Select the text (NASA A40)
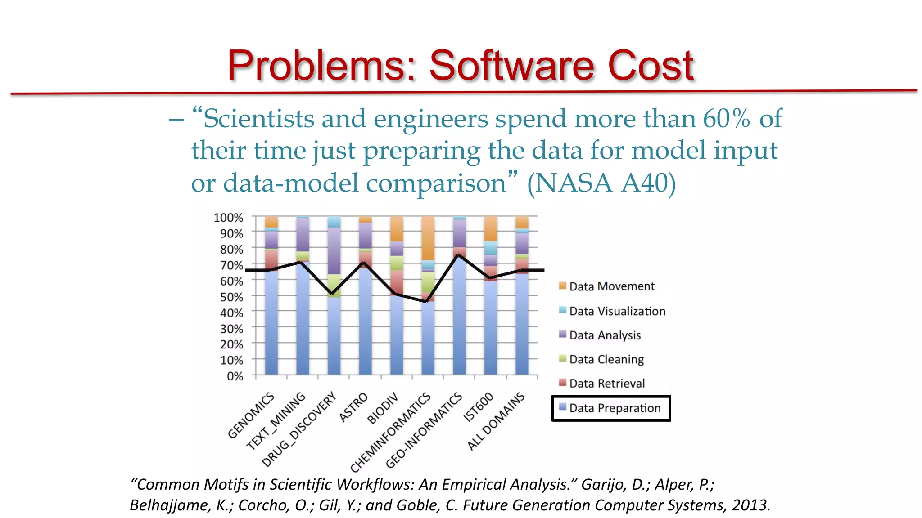pos(601,183)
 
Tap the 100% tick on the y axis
pos(228,218)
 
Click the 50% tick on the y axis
pos(231,297)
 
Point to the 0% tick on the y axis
pos(235,376)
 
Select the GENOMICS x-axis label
pos(251,415)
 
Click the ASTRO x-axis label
pos(353,407)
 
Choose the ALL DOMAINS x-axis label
pos(496,421)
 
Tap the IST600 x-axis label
pos(479,407)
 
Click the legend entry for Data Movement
pos(611,286)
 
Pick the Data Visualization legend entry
pos(617,311)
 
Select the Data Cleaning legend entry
pos(606,359)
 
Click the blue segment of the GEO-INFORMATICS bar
pos(459,319)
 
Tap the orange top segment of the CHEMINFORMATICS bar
pos(428,237)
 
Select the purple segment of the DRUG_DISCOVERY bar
pos(334,251)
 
